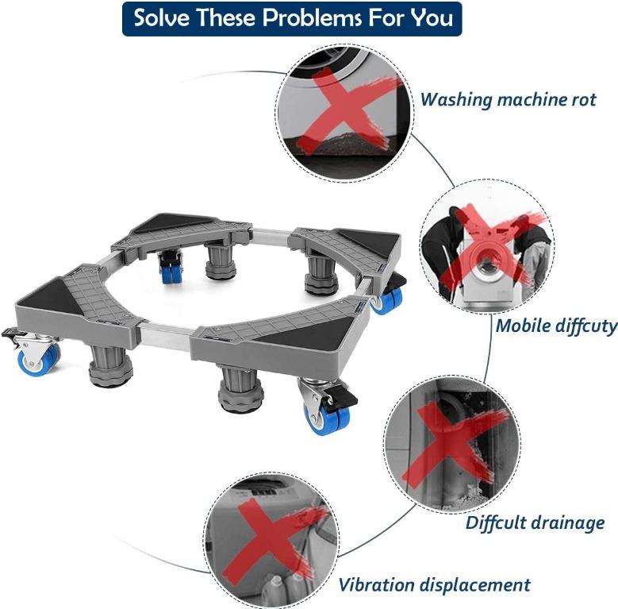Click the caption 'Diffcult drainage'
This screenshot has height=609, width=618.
pos(535,522)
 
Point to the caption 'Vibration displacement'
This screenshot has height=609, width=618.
pos(434,585)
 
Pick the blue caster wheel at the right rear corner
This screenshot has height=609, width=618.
pos(389,299)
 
